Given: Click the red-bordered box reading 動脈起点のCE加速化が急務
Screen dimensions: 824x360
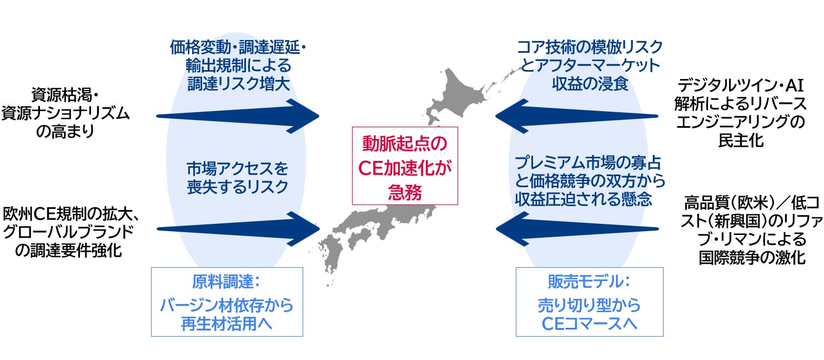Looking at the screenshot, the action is coord(405,166).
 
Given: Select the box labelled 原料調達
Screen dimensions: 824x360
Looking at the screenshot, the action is coord(227,302).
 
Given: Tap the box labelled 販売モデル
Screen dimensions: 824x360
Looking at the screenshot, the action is coord(589,302).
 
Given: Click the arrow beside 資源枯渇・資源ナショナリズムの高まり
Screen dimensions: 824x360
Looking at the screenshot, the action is coord(238,116).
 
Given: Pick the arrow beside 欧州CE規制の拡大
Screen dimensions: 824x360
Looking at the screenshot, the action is coord(238,229).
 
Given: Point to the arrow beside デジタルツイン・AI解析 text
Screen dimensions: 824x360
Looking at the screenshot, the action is coord(577,116).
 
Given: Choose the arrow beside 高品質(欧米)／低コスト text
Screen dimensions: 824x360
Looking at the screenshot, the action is coord(577,229).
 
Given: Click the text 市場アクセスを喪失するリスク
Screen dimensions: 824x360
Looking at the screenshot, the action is coord(238,178).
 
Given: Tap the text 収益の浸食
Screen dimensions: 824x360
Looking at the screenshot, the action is coord(590,84).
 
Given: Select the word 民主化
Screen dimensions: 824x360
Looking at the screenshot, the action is coord(741,141).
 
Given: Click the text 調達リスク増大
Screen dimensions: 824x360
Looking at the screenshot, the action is coord(239,84).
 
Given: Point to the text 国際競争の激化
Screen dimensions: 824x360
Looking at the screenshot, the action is coord(752,258).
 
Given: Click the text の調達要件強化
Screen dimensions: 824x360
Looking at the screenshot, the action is coord(68,251).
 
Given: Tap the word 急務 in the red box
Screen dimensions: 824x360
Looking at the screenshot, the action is coord(405,192).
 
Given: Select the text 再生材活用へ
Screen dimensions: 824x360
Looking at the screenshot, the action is coord(227,324).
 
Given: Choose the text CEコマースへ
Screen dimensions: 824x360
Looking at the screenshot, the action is coord(589,324).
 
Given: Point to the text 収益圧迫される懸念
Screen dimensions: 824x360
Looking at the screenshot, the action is coord(584,199).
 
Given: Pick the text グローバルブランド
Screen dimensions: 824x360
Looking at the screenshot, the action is coord(68,232).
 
